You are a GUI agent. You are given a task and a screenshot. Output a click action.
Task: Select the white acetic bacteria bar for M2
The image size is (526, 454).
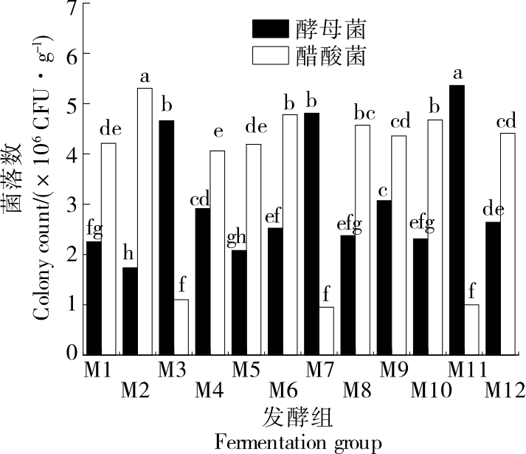(145, 221)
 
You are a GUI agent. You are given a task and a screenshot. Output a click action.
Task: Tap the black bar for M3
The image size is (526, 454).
(166, 236)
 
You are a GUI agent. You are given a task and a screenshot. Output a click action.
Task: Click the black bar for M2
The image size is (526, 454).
(130, 310)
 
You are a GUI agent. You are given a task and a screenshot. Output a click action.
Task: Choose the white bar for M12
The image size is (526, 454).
(508, 243)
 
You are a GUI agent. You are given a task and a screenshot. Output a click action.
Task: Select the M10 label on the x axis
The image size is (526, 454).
(431, 388)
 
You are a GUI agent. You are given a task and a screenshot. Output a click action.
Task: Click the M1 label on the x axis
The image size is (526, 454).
(99, 367)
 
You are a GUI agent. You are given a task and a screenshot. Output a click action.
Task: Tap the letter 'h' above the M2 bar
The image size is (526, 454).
(130, 254)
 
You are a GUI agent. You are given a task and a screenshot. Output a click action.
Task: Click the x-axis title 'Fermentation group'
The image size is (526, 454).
(299, 442)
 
